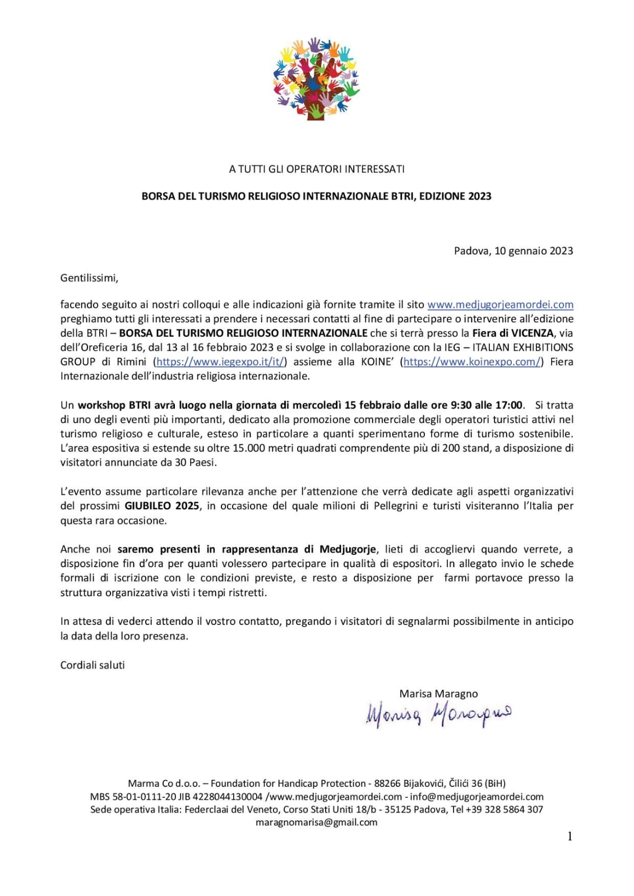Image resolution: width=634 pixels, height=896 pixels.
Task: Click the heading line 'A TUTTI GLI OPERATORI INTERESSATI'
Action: point(317,169)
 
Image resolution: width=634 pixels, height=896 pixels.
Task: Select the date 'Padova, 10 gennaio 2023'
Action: point(513,251)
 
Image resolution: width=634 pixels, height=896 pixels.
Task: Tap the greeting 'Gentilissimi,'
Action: point(90,277)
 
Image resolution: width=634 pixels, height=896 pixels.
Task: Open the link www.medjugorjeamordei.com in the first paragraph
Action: point(500,305)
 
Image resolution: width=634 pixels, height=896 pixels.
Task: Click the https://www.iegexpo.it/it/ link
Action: point(221,362)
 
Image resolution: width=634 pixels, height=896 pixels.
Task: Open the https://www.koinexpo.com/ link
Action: point(471,362)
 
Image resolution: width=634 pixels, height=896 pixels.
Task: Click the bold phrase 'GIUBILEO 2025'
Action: point(162,506)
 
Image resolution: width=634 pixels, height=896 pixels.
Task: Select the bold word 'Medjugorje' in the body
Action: point(348,549)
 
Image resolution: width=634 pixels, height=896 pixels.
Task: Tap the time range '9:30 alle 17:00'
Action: point(487,405)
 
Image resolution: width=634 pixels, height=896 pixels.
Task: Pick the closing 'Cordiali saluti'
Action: point(92,665)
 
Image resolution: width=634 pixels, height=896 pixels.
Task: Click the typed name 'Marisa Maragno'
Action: point(438,694)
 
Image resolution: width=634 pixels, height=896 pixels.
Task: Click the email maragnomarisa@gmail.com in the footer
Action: point(317,823)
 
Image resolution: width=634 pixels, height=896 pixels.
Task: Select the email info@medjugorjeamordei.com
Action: point(477,797)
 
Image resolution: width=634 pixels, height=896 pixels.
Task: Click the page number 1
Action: point(570,837)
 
